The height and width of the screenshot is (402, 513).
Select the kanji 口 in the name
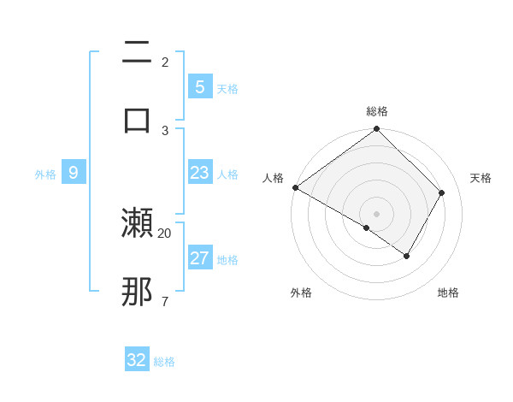[137, 119]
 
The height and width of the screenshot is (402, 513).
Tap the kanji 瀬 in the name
[137, 222]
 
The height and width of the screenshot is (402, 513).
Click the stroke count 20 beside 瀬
[165, 233]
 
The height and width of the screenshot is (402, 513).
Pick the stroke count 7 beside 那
[164, 301]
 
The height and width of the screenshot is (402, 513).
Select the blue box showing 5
[199, 86]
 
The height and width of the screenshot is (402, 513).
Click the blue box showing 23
[199, 173]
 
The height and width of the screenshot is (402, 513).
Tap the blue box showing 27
[199, 258]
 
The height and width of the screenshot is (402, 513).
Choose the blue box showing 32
[137, 360]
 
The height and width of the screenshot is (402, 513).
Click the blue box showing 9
[74, 173]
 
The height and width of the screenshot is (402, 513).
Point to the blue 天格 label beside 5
[227, 89]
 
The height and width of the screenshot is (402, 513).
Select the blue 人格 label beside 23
[227, 174]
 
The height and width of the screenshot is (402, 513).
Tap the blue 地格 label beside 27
[227, 260]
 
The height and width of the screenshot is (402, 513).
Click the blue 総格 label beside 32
[165, 362]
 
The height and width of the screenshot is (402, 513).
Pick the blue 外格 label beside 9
[45, 174]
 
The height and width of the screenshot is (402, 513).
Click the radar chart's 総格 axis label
[377, 111]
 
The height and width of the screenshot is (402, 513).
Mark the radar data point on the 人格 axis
[295, 187]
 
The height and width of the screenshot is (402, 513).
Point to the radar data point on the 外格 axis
[367, 228]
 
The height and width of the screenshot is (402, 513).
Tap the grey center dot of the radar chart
[377, 213]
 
